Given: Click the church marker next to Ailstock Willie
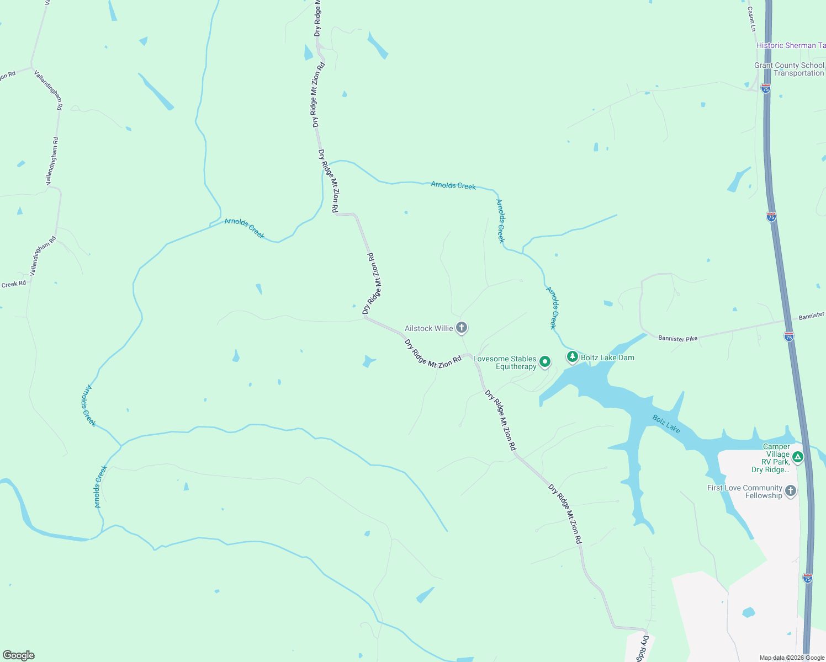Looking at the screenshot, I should point(462,328).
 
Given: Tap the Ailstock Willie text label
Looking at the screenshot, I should point(428,328).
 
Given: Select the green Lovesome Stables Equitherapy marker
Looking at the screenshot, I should point(545,362).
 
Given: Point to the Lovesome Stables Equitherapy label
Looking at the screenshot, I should point(505,362).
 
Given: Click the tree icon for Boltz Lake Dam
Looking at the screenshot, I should point(573,357).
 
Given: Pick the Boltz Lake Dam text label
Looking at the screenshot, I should point(607,357).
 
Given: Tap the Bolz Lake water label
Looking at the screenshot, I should point(666,423).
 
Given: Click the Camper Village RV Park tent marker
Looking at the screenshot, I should point(797,457).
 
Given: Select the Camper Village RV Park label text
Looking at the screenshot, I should point(772,458).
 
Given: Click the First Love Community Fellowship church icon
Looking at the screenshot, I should point(791,491).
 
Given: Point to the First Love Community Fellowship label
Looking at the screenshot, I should point(745,492).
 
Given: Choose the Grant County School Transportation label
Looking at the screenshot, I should point(789,69).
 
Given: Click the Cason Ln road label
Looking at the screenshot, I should point(751,18).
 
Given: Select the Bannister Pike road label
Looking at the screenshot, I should point(677,339).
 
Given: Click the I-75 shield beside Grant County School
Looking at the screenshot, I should point(765,88).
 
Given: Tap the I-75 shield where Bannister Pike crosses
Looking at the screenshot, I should point(789,337).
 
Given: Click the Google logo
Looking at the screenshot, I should point(19,655).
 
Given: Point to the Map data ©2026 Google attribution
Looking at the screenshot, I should point(792,658).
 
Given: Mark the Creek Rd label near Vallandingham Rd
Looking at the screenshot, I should point(13,284).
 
